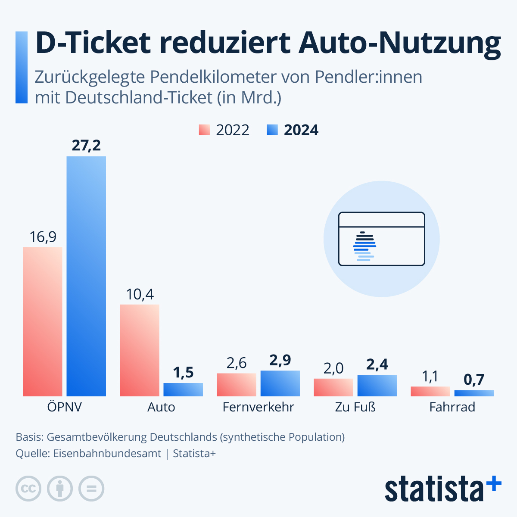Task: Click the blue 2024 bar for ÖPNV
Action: click(x=86, y=276)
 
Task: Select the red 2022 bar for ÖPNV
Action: click(x=42, y=321)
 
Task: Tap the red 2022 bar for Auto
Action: click(x=139, y=350)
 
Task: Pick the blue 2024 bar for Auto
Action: click(x=183, y=389)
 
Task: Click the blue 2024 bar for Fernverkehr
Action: click(x=280, y=383)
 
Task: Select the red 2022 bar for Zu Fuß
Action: click(x=333, y=387)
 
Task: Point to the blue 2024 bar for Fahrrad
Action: click(x=474, y=393)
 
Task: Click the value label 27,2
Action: click(x=86, y=146)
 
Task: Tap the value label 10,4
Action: click(x=140, y=294)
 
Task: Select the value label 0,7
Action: click(x=474, y=380)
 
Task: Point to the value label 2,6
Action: click(x=236, y=363)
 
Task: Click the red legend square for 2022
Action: click(x=204, y=130)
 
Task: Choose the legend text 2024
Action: click(x=301, y=130)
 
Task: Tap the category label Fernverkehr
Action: click(x=258, y=407)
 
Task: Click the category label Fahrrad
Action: click(x=452, y=407)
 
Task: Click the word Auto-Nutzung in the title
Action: click(x=399, y=43)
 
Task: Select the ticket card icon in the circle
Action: click(x=381, y=239)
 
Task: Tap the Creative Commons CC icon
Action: click(x=28, y=489)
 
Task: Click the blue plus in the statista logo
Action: click(x=494, y=483)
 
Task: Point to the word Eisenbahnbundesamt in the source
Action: click(x=107, y=454)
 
